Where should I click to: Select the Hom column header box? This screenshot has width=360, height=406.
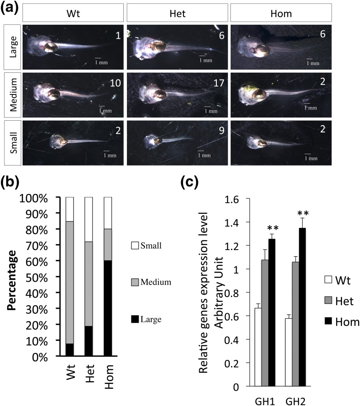(x=281, y=14)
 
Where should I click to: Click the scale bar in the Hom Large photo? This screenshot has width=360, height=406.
(x=309, y=59)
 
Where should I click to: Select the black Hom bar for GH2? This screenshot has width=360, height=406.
(x=299, y=307)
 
